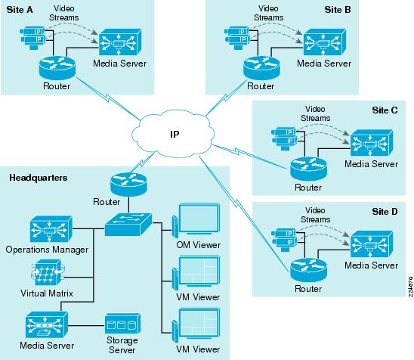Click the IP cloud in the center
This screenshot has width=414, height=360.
coord(173,134)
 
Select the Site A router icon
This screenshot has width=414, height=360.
coord(57,67)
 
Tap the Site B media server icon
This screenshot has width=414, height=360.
coord(325,42)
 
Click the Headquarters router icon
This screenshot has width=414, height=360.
coord(128,185)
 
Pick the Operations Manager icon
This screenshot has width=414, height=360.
coord(51,229)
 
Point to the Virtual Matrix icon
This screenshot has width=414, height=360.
coord(48,273)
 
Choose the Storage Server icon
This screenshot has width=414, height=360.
coord(123,324)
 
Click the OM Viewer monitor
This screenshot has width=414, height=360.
coord(196,219)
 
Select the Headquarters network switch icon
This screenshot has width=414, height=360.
coord(128,225)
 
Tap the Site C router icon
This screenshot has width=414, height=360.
coord(308,169)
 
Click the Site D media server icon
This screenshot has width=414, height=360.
coord(372,244)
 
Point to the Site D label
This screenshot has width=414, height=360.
coord(385,212)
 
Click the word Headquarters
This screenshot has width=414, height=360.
coord(39,178)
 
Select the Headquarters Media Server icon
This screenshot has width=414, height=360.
coord(47,324)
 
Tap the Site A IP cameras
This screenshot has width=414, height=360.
coord(32,38)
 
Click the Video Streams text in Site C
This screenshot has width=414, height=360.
coord(315,113)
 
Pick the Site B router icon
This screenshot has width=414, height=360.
coord(261,67)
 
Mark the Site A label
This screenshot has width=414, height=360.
coord(20,10)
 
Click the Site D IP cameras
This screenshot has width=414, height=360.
coord(284,240)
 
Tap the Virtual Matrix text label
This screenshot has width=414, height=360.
coord(47,293)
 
